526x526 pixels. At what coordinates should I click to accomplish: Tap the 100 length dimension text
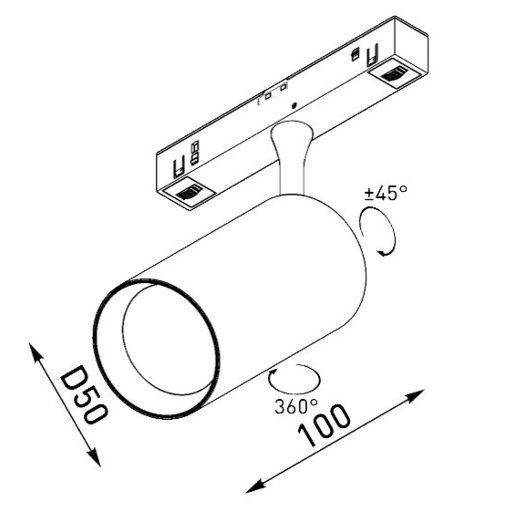tap(324, 426)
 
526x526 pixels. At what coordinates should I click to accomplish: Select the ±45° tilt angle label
tap(386, 193)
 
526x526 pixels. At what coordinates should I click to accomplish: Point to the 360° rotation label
tap(296, 406)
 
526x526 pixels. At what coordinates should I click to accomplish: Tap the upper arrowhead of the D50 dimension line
tap(36, 352)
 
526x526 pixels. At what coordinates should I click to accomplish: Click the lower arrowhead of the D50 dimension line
tap(94, 458)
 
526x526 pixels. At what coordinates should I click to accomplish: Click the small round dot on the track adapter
tap(295, 105)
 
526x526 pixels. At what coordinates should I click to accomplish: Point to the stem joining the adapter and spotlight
tap(291, 158)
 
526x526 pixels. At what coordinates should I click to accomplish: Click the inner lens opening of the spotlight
tap(168, 339)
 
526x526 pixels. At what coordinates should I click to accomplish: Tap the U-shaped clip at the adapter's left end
tap(179, 166)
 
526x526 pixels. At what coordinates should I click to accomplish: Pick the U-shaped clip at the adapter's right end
tap(373, 54)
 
